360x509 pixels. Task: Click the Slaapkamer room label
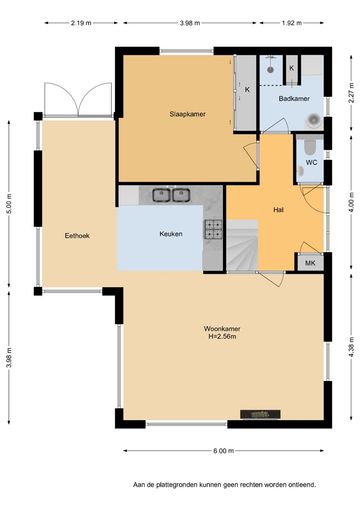187,114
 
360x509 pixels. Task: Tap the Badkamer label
294,99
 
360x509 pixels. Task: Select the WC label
311,163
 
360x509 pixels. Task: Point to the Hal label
278,210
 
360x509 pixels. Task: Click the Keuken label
171,234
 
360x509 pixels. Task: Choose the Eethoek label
77,236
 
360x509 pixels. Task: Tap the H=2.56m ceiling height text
222,337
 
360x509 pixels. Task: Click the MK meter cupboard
310,263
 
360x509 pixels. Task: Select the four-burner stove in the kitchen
213,230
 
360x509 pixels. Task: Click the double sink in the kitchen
171,195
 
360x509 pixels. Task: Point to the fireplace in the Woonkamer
260,414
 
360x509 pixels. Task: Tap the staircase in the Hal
243,245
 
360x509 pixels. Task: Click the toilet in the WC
310,146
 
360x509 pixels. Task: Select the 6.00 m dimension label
224,451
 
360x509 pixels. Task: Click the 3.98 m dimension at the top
190,23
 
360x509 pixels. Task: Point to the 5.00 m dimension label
9,204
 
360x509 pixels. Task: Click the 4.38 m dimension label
351,347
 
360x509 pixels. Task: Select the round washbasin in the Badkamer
314,119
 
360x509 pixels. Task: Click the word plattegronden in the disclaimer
177,485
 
